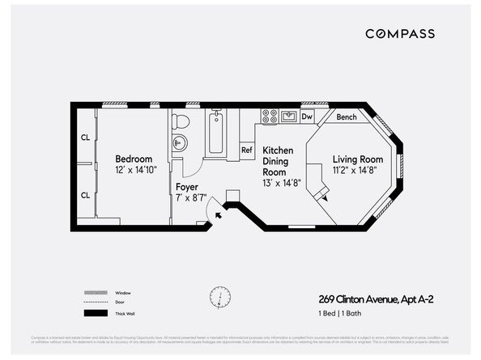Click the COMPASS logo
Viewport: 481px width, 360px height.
(399, 34)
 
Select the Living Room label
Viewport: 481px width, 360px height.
(357, 159)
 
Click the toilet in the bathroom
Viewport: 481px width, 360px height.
(181, 121)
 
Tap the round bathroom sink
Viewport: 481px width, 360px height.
(179, 143)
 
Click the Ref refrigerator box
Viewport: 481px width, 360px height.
(247, 150)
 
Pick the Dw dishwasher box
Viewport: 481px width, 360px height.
(307, 116)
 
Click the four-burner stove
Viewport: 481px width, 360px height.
(269, 116)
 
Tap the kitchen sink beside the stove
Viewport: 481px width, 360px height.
(288, 116)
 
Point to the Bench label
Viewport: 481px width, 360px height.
(347, 117)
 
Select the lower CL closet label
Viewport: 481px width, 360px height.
(84, 194)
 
